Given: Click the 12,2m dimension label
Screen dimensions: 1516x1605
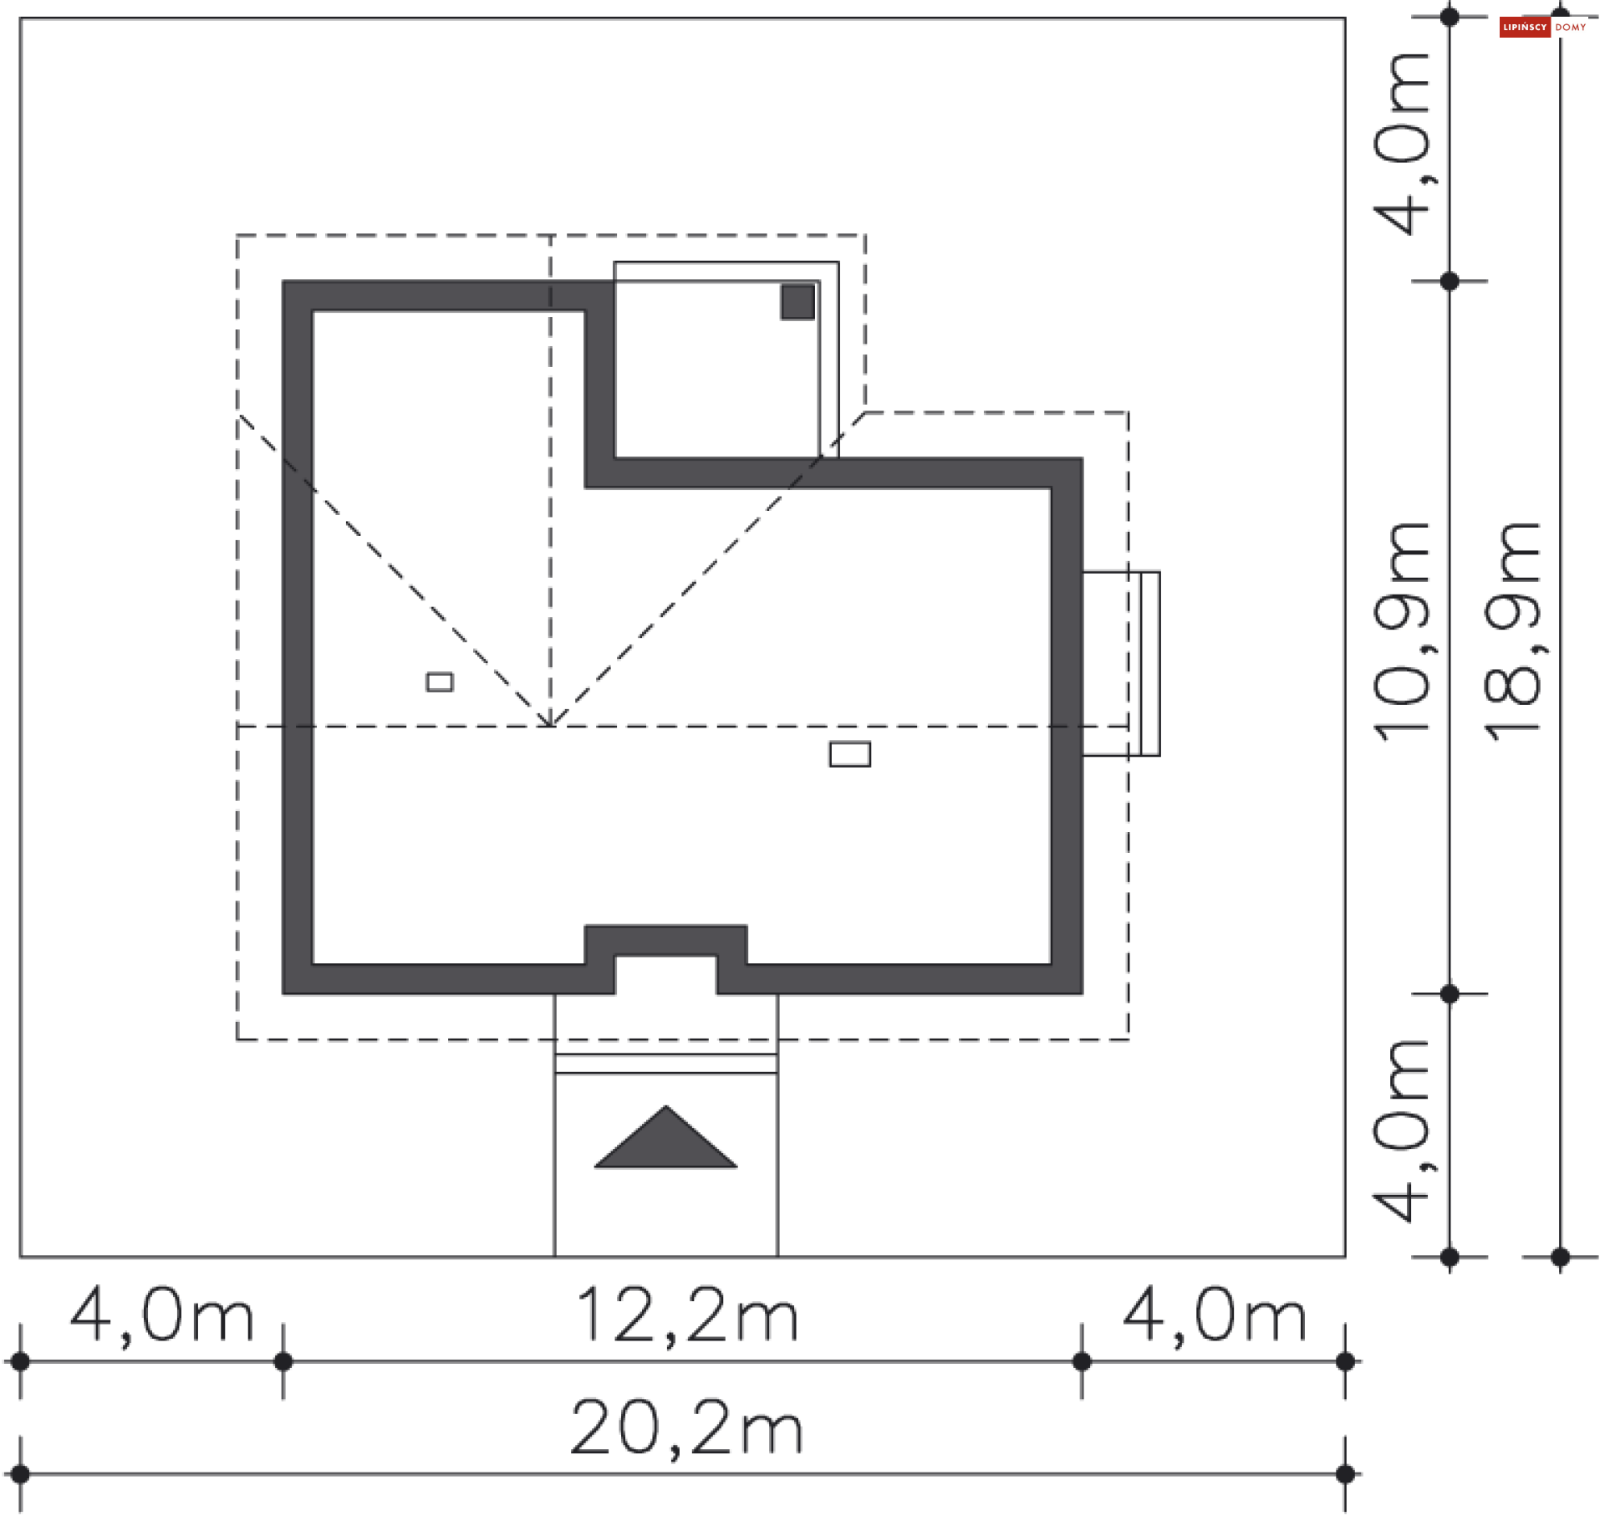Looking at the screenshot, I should [687, 1316].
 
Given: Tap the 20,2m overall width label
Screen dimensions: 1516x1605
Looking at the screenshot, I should [687, 1428].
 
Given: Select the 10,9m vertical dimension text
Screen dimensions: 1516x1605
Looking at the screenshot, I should [1402, 632].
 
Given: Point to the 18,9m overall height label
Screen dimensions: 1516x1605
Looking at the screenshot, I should [1512, 632].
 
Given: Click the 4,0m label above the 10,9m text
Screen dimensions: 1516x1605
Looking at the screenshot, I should [1402, 144].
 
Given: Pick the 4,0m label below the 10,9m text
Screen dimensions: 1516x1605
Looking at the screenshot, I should [1402, 1131].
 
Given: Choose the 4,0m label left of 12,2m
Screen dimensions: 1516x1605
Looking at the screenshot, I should [161, 1316].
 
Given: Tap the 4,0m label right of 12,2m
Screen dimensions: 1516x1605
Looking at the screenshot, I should [1214, 1316].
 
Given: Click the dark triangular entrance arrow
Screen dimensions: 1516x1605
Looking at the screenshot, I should [665, 1139].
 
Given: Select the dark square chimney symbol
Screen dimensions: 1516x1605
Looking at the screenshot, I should [797, 302].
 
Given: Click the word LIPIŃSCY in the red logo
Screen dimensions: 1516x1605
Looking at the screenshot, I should [1525, 28].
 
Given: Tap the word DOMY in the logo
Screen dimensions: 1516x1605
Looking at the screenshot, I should [1571, 28].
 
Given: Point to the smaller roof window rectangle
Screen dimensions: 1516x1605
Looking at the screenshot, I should [440, 682].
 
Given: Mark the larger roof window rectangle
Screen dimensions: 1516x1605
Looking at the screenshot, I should [850, 754].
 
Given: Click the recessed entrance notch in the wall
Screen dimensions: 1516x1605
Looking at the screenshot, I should [665, 973].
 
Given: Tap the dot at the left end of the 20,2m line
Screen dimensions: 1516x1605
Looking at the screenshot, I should [20, 1474].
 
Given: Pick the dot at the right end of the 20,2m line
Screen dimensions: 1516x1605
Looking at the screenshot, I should [1345, 1474].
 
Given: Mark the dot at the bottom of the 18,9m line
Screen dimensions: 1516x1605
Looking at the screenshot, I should [1560, 1257].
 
